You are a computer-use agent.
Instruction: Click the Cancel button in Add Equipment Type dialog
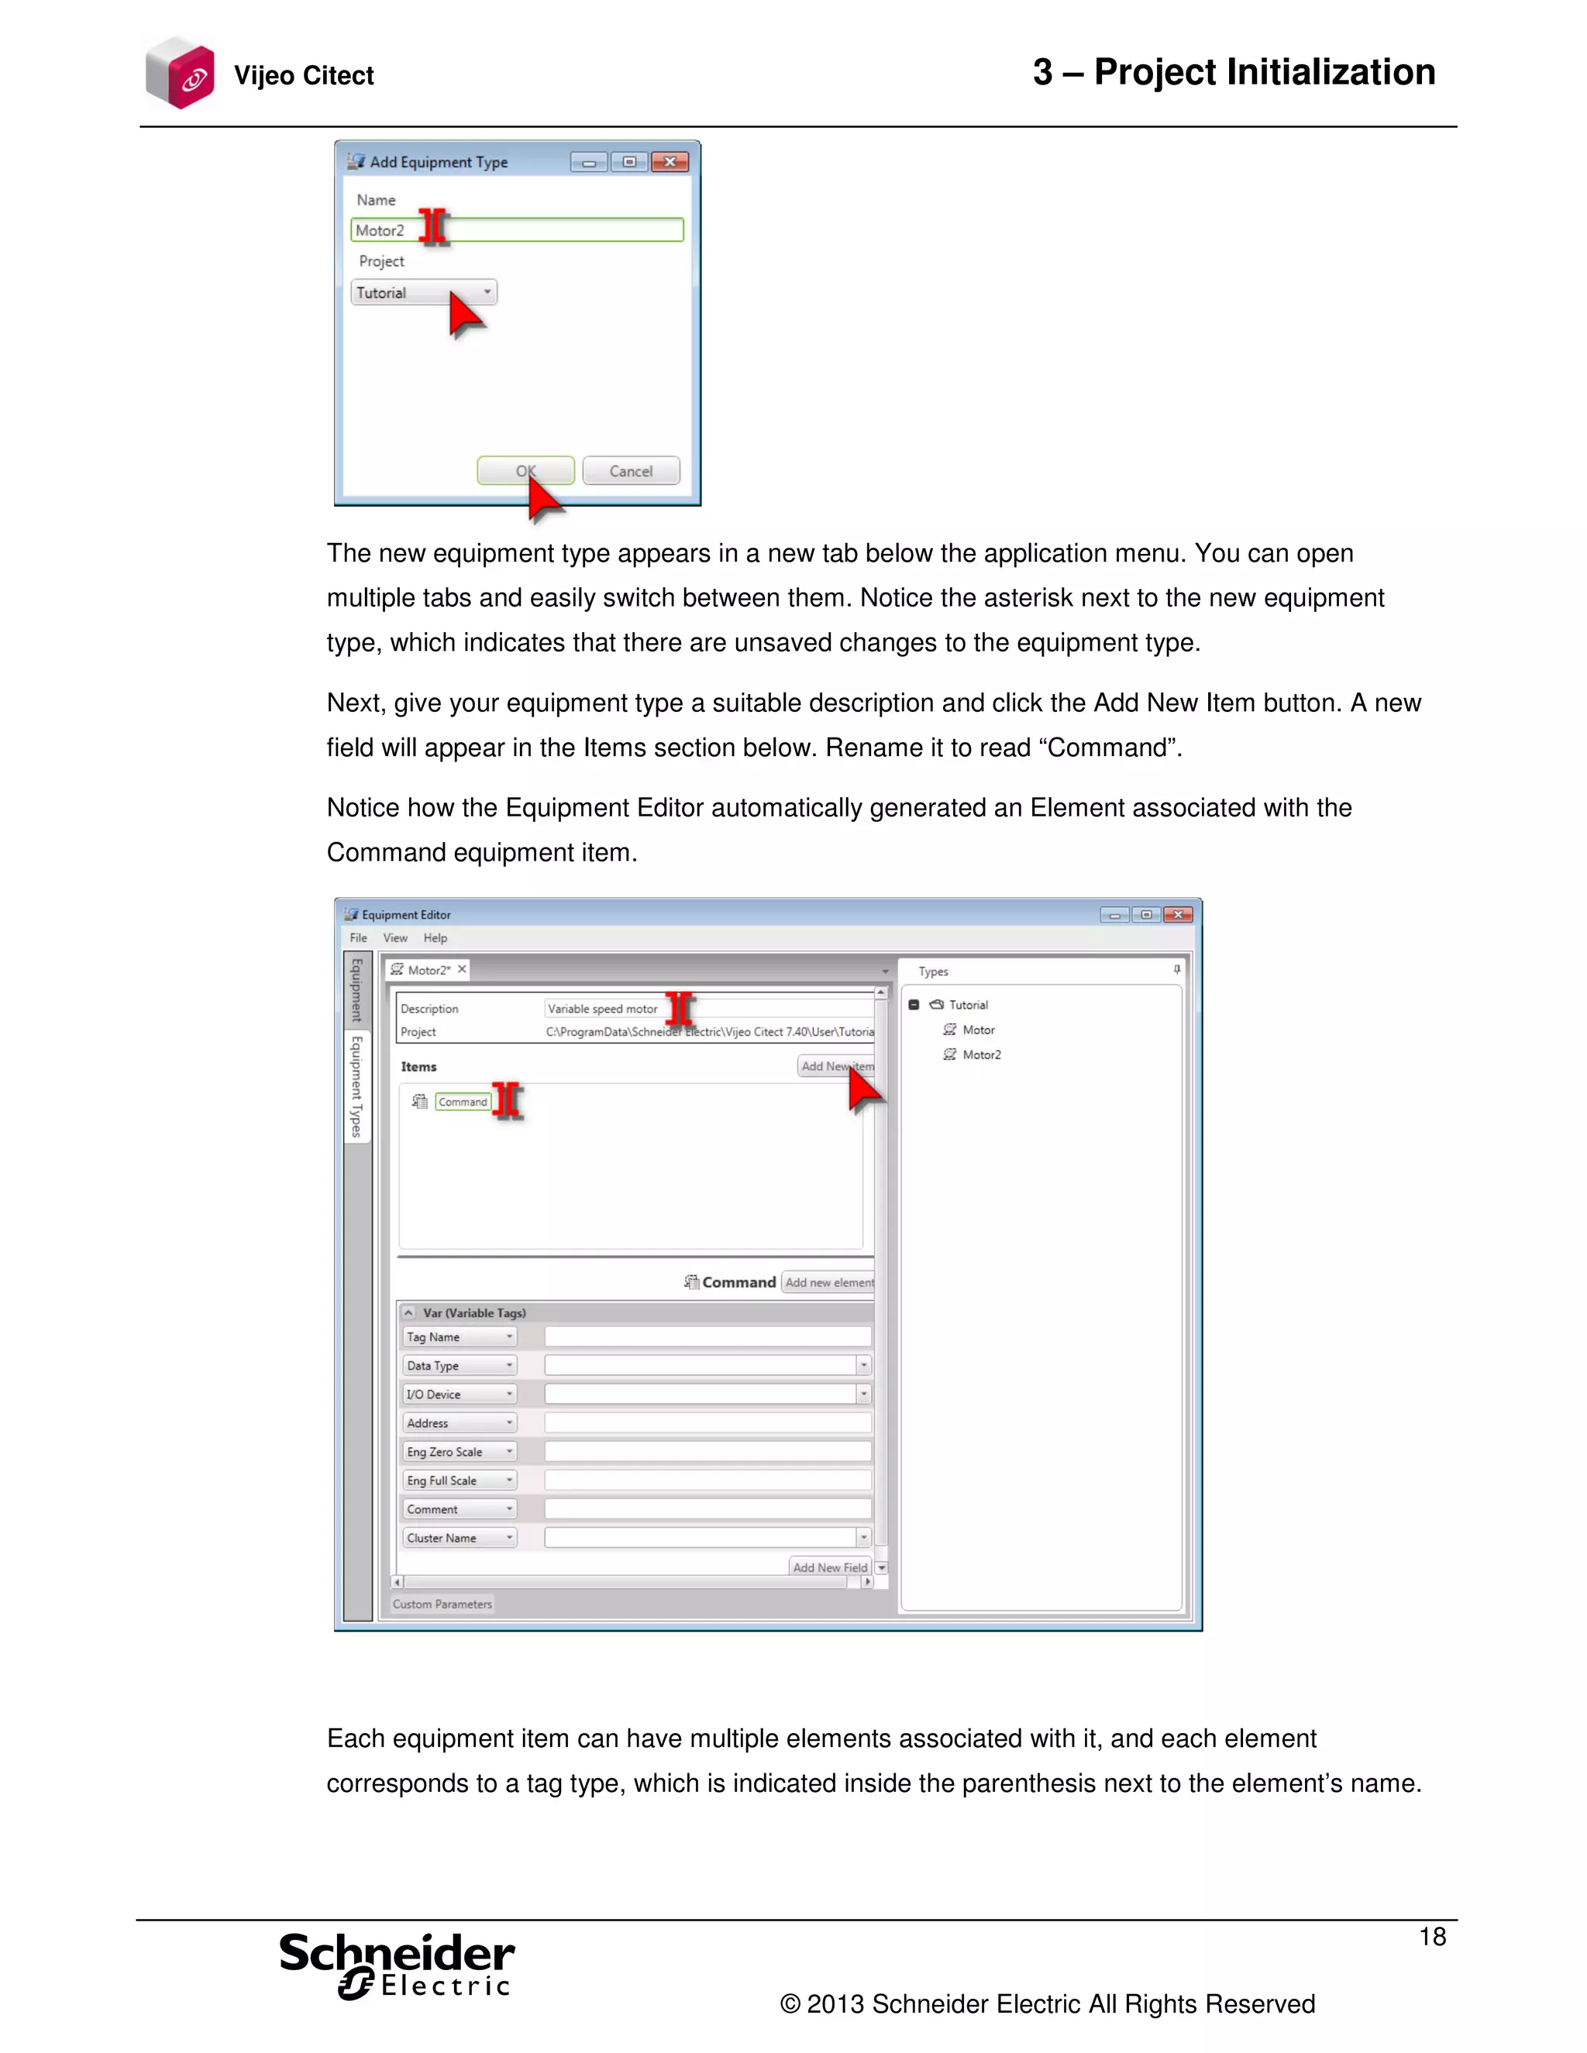tap(631, 471)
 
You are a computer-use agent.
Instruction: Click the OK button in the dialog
tap(525, 471)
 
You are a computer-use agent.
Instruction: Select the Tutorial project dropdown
tap(424, 292)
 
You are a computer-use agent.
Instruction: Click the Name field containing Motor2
tap(517, 230)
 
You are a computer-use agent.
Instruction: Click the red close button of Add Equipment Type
tap(670, 162)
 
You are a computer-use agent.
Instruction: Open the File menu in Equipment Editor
tap(358, 938)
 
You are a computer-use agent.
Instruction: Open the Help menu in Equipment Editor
tap(435, 938)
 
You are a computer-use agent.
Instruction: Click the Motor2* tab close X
tap(462, 969)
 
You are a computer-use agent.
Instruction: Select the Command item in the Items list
tap(463, 1102)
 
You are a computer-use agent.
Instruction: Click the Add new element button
tap(828, 1282)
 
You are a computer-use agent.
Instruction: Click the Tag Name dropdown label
tap(459, 1336)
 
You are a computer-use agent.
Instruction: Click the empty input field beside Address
tap(707, 1423)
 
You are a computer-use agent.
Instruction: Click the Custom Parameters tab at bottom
tap(442, 1604)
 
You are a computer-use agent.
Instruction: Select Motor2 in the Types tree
tap(982, 1054)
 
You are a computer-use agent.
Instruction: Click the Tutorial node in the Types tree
tap(967, 1005)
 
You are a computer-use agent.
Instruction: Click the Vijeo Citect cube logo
tap(181, 74)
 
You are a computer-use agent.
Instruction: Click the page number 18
tap(1432, 1937)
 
